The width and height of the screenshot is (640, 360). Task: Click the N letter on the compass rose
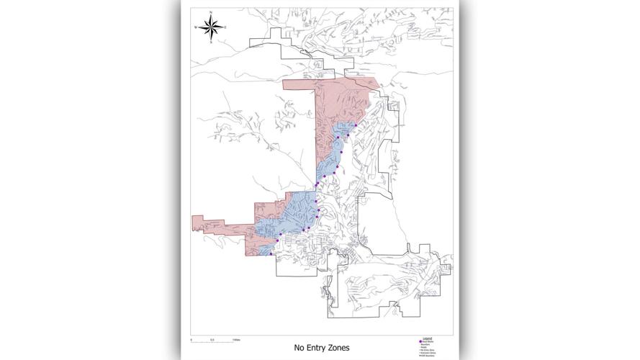211,12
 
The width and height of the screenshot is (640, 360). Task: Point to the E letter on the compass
225,27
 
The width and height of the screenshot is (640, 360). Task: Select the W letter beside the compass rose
196,27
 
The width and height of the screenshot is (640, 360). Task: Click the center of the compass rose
211,27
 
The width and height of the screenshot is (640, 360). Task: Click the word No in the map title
299,348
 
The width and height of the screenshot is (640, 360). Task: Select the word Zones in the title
339,348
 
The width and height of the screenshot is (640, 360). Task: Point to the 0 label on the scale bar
191,339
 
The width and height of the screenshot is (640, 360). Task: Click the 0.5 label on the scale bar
212,339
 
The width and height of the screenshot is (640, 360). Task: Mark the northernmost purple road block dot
355,125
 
